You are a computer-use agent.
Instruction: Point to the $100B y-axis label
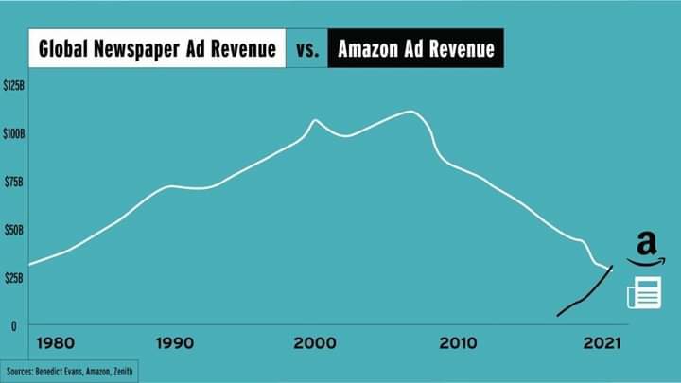pyautogui.click(x=13, y=134)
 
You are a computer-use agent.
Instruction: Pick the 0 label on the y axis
pyautogui.click(x=13, y=326)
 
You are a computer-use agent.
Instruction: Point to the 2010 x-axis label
pyautogui.click(x=457, y=343)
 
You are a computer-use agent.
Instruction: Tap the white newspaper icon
pyautogui.click(x=644, y=294)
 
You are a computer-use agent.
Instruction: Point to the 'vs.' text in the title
pyautogui.click(x=307, y=50)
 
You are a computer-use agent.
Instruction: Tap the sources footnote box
pyautogui.click(x=70, y=372)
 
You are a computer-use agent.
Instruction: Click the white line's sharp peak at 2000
pyautogui.click(x=315, y=120)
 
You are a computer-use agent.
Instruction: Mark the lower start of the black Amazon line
pyautogui.click(x=558, y=315)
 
